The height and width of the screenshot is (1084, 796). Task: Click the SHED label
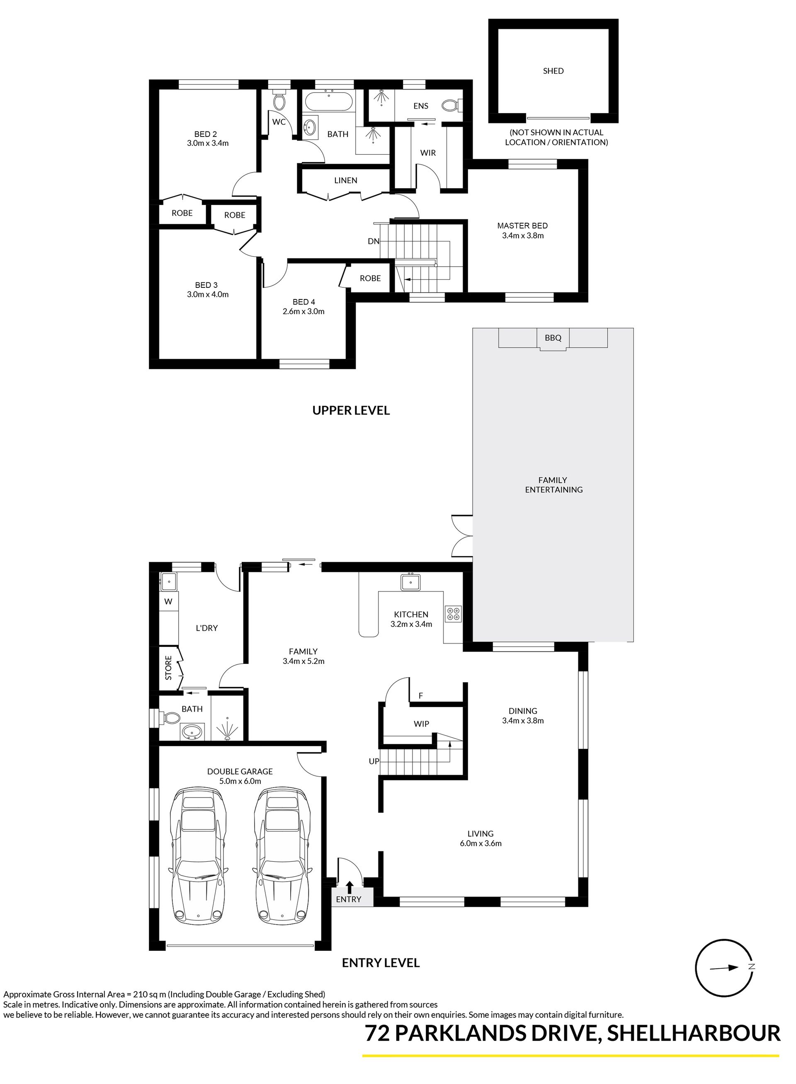tap(553, 71)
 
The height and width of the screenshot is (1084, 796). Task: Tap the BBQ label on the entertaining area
tap(553, 338)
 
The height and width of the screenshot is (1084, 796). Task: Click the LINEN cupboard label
tap(345, 180)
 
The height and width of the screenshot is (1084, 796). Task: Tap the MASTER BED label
tap(522, 226)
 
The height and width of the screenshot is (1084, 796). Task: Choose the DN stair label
tap(374, 241)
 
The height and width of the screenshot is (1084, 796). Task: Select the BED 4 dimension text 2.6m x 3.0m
tap(303, 311)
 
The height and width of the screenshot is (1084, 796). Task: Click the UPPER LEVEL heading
tap(351, 410)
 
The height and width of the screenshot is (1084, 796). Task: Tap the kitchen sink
tap(410, 583)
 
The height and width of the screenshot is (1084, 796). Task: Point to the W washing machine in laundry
tap(169, 602)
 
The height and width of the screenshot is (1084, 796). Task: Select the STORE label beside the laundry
tap(169, 668)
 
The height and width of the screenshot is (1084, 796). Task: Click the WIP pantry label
tap(421, 724)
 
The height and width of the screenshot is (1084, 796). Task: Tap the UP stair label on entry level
tap(374, 761)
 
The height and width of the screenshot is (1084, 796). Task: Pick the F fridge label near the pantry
tap(421, 695)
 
